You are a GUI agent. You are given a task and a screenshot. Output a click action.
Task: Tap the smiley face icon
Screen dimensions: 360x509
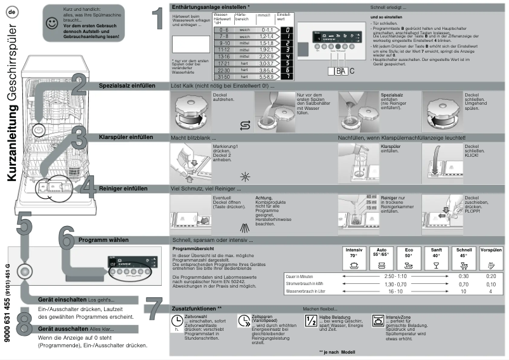51,20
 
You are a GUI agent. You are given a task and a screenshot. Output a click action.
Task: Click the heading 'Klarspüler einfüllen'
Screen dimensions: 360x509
126,137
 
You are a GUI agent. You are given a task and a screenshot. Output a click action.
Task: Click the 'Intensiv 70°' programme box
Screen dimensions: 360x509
354,258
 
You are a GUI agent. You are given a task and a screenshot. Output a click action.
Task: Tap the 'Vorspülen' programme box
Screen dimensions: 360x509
491,258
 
